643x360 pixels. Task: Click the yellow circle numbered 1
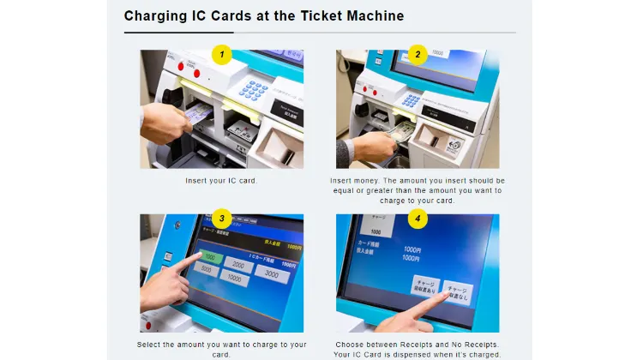click(x=222, y=54)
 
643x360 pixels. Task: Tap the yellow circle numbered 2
click(x=418, y=54)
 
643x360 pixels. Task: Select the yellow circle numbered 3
click(x=222, y=219)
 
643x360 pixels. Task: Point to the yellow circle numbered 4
click(x=418, y=219)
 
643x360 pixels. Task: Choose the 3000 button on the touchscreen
click(x=271, y=273)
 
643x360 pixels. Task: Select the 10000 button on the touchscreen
click(x=234, y=279)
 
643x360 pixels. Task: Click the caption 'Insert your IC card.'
click(x=221, y=181)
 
